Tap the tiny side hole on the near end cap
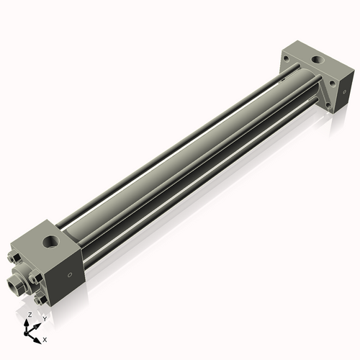70,274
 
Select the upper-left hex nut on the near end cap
15,256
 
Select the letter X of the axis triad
45,338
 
